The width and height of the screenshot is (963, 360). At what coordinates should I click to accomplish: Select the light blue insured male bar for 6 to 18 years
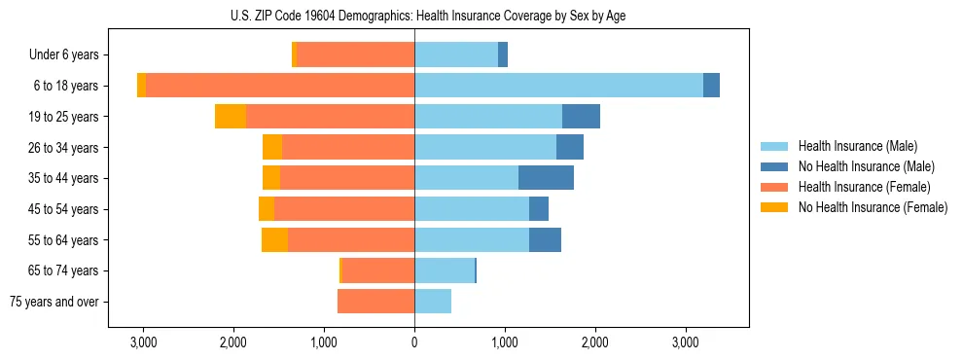[558, 86]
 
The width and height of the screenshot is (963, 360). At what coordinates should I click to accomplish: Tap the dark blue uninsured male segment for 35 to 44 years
[546, 178]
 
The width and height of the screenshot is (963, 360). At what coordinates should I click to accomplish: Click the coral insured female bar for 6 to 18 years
[280, 86]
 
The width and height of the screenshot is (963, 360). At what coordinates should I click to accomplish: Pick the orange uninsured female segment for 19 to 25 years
[231, 117]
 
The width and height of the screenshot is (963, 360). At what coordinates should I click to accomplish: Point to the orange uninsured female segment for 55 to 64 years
[274, 240]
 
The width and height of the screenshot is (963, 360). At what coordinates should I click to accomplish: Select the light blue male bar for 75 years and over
[433, 302]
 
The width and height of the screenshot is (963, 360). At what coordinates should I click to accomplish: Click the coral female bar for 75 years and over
[375, 302]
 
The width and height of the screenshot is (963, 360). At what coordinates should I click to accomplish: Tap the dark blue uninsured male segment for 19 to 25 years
[581, 117]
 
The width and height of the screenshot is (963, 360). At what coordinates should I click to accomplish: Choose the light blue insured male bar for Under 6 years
[456, 54]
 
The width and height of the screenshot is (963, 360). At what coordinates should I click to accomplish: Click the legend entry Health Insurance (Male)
[857, 147]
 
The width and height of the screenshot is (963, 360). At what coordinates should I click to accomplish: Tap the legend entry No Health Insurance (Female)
[872, 207]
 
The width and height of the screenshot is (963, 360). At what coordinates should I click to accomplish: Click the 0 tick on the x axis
[414, 342]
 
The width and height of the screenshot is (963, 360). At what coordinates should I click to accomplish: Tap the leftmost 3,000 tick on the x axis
[143, 342]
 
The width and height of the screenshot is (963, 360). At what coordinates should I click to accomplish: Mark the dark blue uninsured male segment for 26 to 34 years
[570, 147]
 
